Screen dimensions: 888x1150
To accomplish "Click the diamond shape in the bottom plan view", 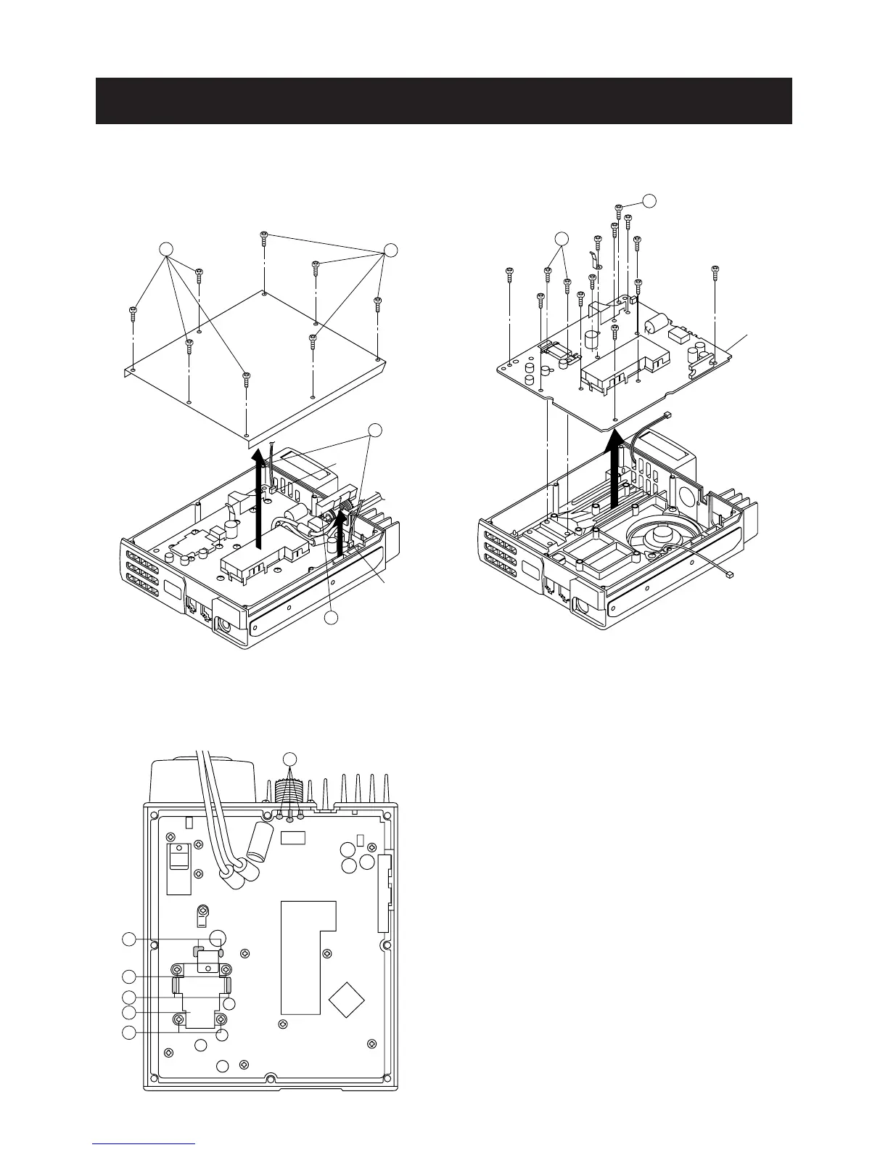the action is click(348, 999).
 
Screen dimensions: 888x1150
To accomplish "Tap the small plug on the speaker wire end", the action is click(729, 575).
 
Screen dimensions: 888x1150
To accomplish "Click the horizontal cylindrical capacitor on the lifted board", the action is click(658, 322).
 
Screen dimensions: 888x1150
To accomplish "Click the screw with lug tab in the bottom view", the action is click(206, 911).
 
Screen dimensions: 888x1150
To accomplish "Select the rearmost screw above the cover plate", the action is click(265, 237).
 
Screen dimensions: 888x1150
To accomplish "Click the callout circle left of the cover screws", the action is click(167, 249).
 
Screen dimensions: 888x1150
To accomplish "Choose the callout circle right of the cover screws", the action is click(391, 250).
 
